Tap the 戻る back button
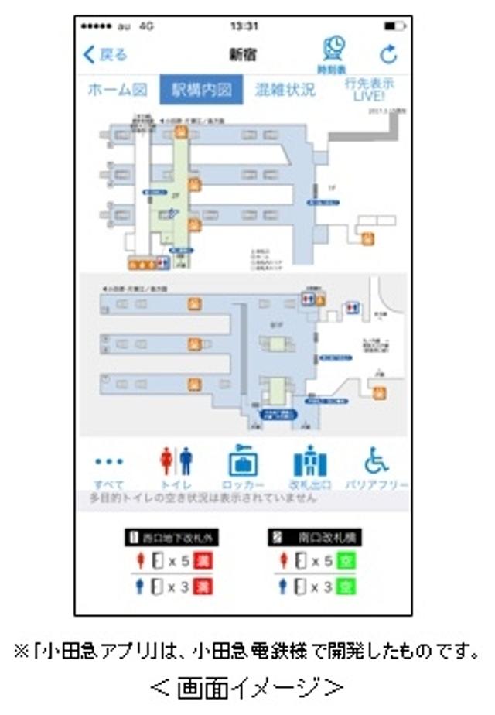point(105,55)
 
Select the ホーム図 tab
point(117,90)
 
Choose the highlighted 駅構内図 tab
point(201,90)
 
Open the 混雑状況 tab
point(285,90)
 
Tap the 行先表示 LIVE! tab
point(370,88)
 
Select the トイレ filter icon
point(176,463)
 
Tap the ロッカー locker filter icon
point(243,462)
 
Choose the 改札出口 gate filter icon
point(310,462)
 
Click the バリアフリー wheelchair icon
point(377,462)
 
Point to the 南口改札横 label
point(311,536)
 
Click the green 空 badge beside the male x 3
point(346,587)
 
